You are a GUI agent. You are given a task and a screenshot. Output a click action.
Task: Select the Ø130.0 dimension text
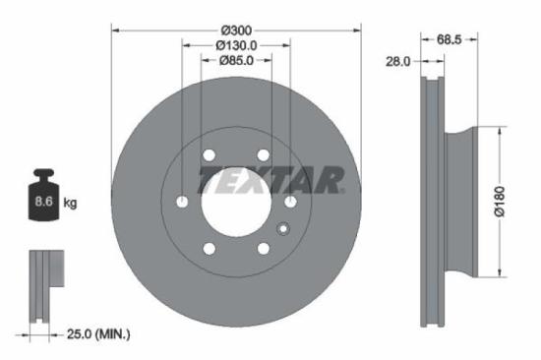click(x=236, y=44)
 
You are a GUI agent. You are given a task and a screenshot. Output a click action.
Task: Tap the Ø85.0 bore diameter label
click(x=236, y=61)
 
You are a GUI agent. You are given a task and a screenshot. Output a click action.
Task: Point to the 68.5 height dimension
click(x=450, y=40)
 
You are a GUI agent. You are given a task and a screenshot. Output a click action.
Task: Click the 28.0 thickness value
click(x=397, y=61)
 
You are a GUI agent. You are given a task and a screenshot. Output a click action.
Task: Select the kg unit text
click(x=70, y=204)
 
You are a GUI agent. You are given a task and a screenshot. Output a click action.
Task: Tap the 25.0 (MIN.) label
click(x=96, y=334)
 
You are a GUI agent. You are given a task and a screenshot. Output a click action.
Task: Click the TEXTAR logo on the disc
click(x=270, y=180)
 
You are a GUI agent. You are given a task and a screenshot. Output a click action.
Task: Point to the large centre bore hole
click(x=236, y=202)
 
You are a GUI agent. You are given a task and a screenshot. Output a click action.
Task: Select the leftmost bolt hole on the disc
click(x=182, y=202)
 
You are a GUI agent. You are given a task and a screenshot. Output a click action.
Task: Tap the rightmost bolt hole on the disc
click(x=291, y=202)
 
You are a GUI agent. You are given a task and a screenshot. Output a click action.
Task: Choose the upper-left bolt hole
click(x=209, y=155)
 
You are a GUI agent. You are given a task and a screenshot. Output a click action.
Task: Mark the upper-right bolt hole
click(x=264, y=155)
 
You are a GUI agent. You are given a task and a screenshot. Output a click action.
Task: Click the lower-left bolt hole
click(x=209, y=248)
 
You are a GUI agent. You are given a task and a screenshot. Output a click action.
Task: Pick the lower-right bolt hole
click(x=264, y=248)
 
